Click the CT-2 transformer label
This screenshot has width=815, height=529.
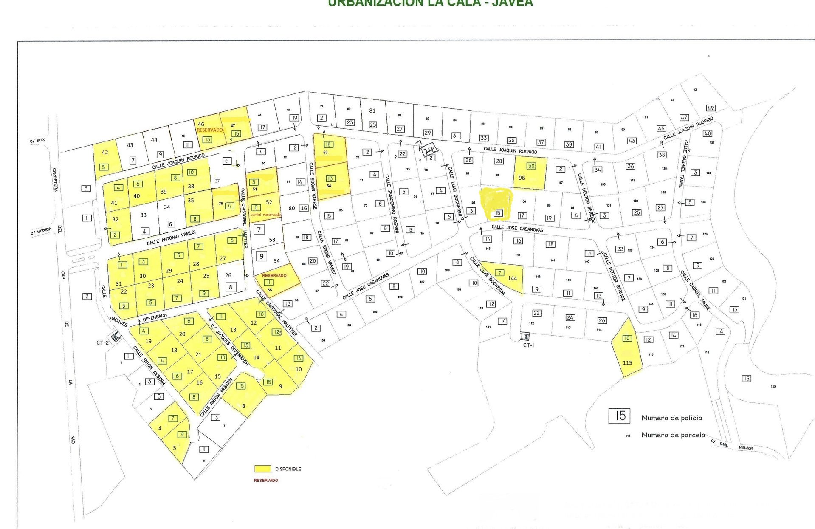coord(103,342)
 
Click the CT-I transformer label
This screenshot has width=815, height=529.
coord(528,345)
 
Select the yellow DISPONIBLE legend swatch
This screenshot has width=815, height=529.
coord(263,469)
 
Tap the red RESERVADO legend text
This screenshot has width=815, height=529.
coord(266,480)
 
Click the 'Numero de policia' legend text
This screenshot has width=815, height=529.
coord(671,418)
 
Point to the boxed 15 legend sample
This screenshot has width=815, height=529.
coord(620,416)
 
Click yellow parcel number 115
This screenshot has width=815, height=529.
coord(627,362)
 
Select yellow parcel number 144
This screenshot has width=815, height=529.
coord(512,278)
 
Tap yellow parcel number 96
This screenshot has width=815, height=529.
coord(522,178)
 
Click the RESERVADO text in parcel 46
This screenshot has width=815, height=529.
coord(210,130)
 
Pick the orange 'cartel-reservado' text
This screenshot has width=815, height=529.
coord(266,215)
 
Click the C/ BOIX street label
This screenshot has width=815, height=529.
coord(37,140)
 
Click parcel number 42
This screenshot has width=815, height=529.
coord(105,152)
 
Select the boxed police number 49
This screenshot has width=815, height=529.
coord(711,107)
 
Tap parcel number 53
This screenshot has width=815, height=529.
coord(272,240)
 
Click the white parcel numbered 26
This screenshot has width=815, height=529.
coord(228,275)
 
